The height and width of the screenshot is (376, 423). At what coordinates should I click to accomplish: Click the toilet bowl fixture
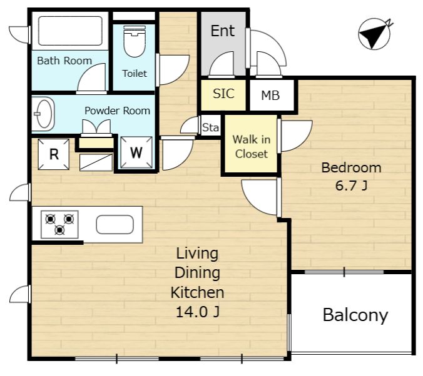(x=135, y=41)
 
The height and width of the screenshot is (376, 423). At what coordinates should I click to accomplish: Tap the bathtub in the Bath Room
(x=70, y=31)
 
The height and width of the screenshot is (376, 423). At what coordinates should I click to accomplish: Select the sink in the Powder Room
(x=44, y=114)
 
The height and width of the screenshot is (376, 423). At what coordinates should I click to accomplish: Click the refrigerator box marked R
(x=54, y=154)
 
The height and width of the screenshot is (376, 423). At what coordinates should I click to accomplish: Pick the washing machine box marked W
(x=136, y=153)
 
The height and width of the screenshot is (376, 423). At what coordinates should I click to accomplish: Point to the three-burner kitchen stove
(x=59, y=224)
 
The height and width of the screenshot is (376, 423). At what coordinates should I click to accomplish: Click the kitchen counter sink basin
(x=115, y=224)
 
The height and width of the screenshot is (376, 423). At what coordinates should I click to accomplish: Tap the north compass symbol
(x=375, y=34)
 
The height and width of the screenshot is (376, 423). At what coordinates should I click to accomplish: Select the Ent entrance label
(x=223, y=31)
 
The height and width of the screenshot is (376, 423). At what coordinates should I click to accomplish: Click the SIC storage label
(x=223, y=94)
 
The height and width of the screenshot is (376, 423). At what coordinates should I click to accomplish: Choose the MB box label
(x=270, y=96)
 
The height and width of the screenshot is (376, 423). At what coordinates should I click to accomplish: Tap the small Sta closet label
(x=210, y=127)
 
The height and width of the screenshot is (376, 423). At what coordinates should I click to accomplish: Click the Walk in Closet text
(x=252, y=147)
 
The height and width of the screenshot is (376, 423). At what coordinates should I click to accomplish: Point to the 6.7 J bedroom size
(x=351, y=186)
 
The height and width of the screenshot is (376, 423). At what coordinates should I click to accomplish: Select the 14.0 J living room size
(x=198, y=312)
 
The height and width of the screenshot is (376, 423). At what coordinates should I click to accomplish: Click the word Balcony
(x=355, y=315)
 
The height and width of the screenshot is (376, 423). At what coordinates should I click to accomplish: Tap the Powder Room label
(x=118, y=111)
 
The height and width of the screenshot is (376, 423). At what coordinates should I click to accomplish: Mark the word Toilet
(x=135, y=73)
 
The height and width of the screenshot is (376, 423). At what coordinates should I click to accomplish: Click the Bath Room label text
(x=64, y=61)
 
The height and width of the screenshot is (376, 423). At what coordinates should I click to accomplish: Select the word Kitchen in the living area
(x=198, y=292)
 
